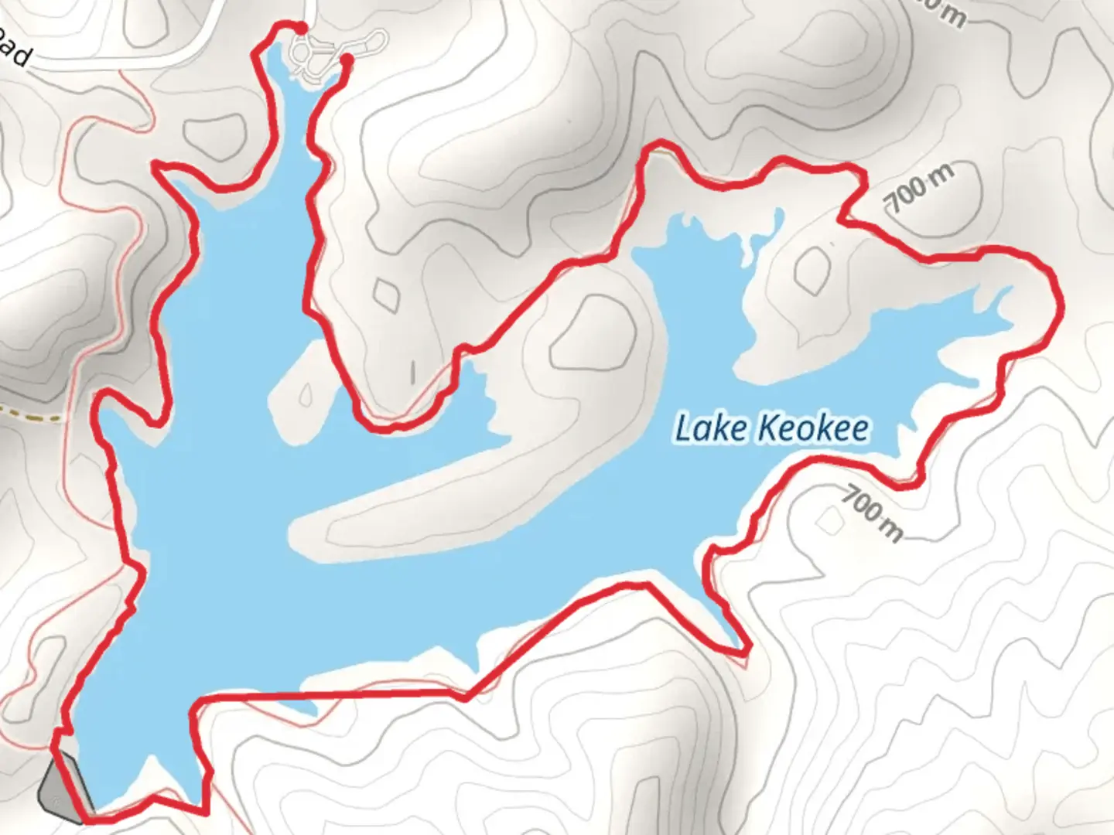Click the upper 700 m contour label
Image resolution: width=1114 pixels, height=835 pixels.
[x=921, y=188]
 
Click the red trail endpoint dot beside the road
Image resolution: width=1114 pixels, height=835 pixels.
[x=301, y=28]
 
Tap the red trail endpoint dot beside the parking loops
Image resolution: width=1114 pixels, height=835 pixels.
[x=347, y=59]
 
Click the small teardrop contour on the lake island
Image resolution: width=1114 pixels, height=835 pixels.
[x=306, y=394]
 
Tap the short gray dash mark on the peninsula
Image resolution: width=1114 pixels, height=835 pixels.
[x=413, y=372]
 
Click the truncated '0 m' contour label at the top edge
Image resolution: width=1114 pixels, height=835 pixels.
[x=945, y=12]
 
